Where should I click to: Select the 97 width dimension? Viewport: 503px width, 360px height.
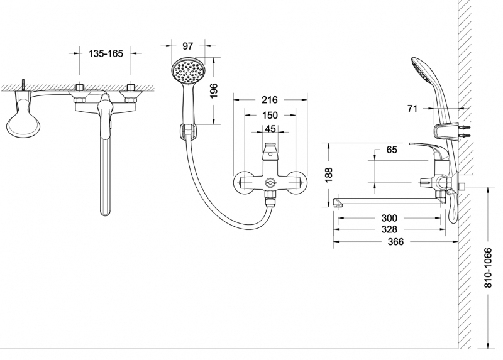187,46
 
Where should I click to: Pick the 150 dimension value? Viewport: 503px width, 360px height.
270,116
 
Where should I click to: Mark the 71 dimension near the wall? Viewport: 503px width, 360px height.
412,109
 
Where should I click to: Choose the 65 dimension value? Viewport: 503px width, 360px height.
392,151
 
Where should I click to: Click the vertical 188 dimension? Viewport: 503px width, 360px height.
328,175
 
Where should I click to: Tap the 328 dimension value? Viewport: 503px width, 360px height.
396,230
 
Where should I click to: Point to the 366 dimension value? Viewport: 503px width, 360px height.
396,242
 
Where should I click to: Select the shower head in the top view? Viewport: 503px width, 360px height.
23,121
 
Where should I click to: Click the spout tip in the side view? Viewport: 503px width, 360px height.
338,202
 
